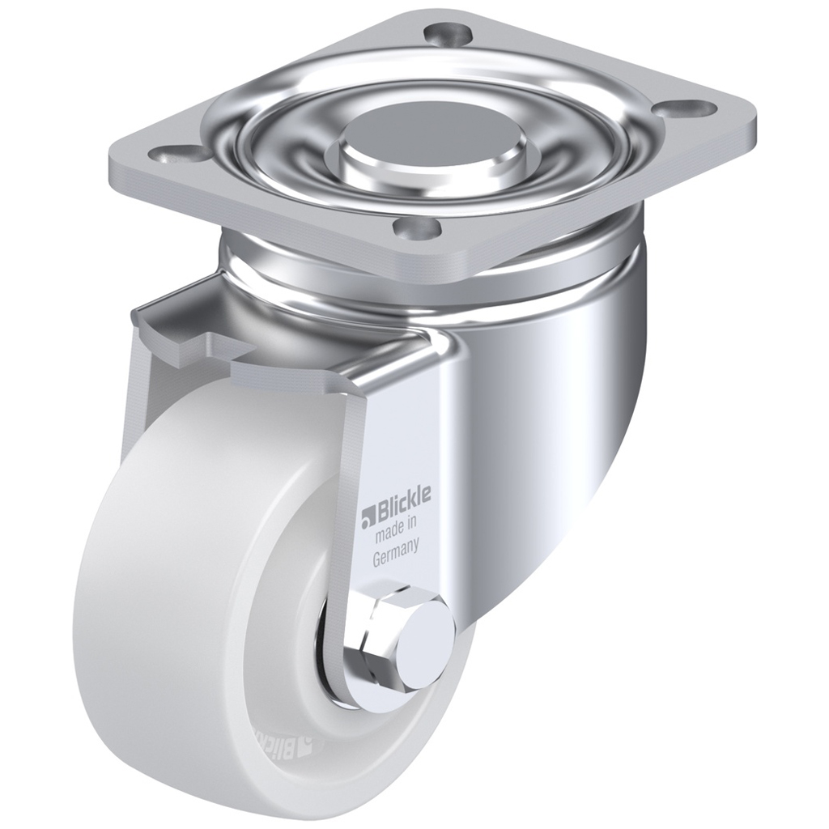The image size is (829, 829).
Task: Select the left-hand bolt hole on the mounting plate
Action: coord(179,153)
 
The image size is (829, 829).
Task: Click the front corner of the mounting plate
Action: coord(453,263)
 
